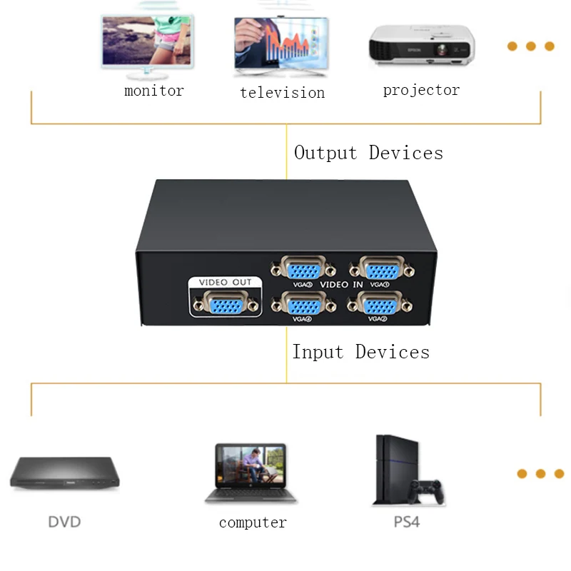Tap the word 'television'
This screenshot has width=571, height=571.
[282, 93]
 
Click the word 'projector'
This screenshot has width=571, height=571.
[421, 91]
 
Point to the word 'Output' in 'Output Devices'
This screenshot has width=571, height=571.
[325, 153]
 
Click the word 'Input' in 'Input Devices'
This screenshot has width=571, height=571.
[318, 352]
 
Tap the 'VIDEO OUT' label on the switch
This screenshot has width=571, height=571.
[225, 283]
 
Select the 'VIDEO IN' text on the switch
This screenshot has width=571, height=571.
[341, 285]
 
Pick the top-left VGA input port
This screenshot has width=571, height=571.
[303, 269]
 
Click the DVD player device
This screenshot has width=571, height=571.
[64, 473]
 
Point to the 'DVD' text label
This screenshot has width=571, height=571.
[64, 522]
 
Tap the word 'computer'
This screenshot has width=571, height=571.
[253, 523]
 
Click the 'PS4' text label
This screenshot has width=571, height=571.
[406, 522]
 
